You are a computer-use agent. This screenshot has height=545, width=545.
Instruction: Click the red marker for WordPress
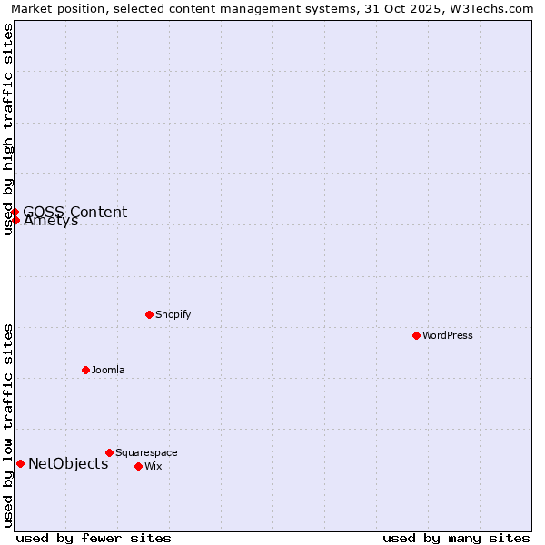[416, 335]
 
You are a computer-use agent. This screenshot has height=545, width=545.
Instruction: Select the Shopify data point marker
[149, 314]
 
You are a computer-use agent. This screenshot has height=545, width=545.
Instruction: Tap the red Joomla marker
[85, 370]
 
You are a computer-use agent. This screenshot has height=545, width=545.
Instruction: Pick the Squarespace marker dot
[109, 452]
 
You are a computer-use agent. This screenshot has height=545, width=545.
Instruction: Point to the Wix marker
[138, 466]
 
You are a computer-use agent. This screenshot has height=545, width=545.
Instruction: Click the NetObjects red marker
[20, 463]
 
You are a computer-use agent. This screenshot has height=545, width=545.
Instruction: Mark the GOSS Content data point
[15, 213]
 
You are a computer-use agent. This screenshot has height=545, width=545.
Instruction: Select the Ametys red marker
[15, 220]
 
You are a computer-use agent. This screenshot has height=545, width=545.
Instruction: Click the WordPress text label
[448, 335]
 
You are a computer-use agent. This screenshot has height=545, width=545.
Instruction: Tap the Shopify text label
[173, 314]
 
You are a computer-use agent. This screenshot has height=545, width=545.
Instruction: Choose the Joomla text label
[108, 370]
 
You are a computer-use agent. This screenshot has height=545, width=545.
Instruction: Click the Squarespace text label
[146, 452]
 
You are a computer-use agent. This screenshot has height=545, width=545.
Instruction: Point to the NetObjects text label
[68, 463]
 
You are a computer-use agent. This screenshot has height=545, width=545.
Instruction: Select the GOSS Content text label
[75, 213]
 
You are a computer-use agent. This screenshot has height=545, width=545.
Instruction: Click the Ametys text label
[51, 221]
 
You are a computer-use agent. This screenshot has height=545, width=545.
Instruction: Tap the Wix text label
[154, 466]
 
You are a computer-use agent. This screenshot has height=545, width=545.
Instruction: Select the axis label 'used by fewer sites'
[94, 538]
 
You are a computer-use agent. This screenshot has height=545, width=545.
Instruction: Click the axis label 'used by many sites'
[456, 538]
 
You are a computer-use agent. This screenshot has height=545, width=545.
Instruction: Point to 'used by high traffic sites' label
[8, 129]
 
